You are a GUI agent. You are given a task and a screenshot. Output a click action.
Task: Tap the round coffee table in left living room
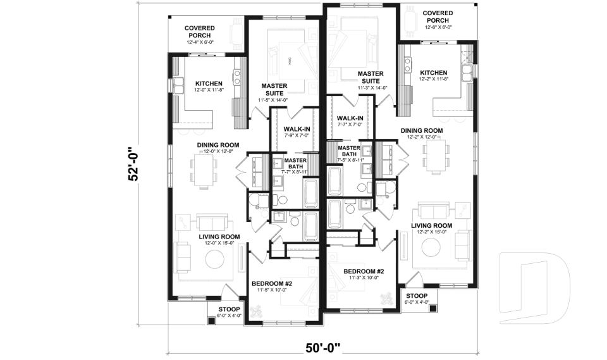click(213, 260)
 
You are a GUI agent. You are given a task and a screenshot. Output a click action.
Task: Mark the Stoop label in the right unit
click(417, 299)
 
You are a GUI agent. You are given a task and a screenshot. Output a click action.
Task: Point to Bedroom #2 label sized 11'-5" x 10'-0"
click(271, 286)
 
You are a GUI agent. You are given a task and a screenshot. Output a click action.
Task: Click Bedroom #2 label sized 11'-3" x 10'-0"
click(363, 275)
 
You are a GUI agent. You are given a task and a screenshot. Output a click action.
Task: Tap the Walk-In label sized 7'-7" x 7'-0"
click(350, 121)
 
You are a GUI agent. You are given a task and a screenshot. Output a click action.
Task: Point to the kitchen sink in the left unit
click(238, 77)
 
